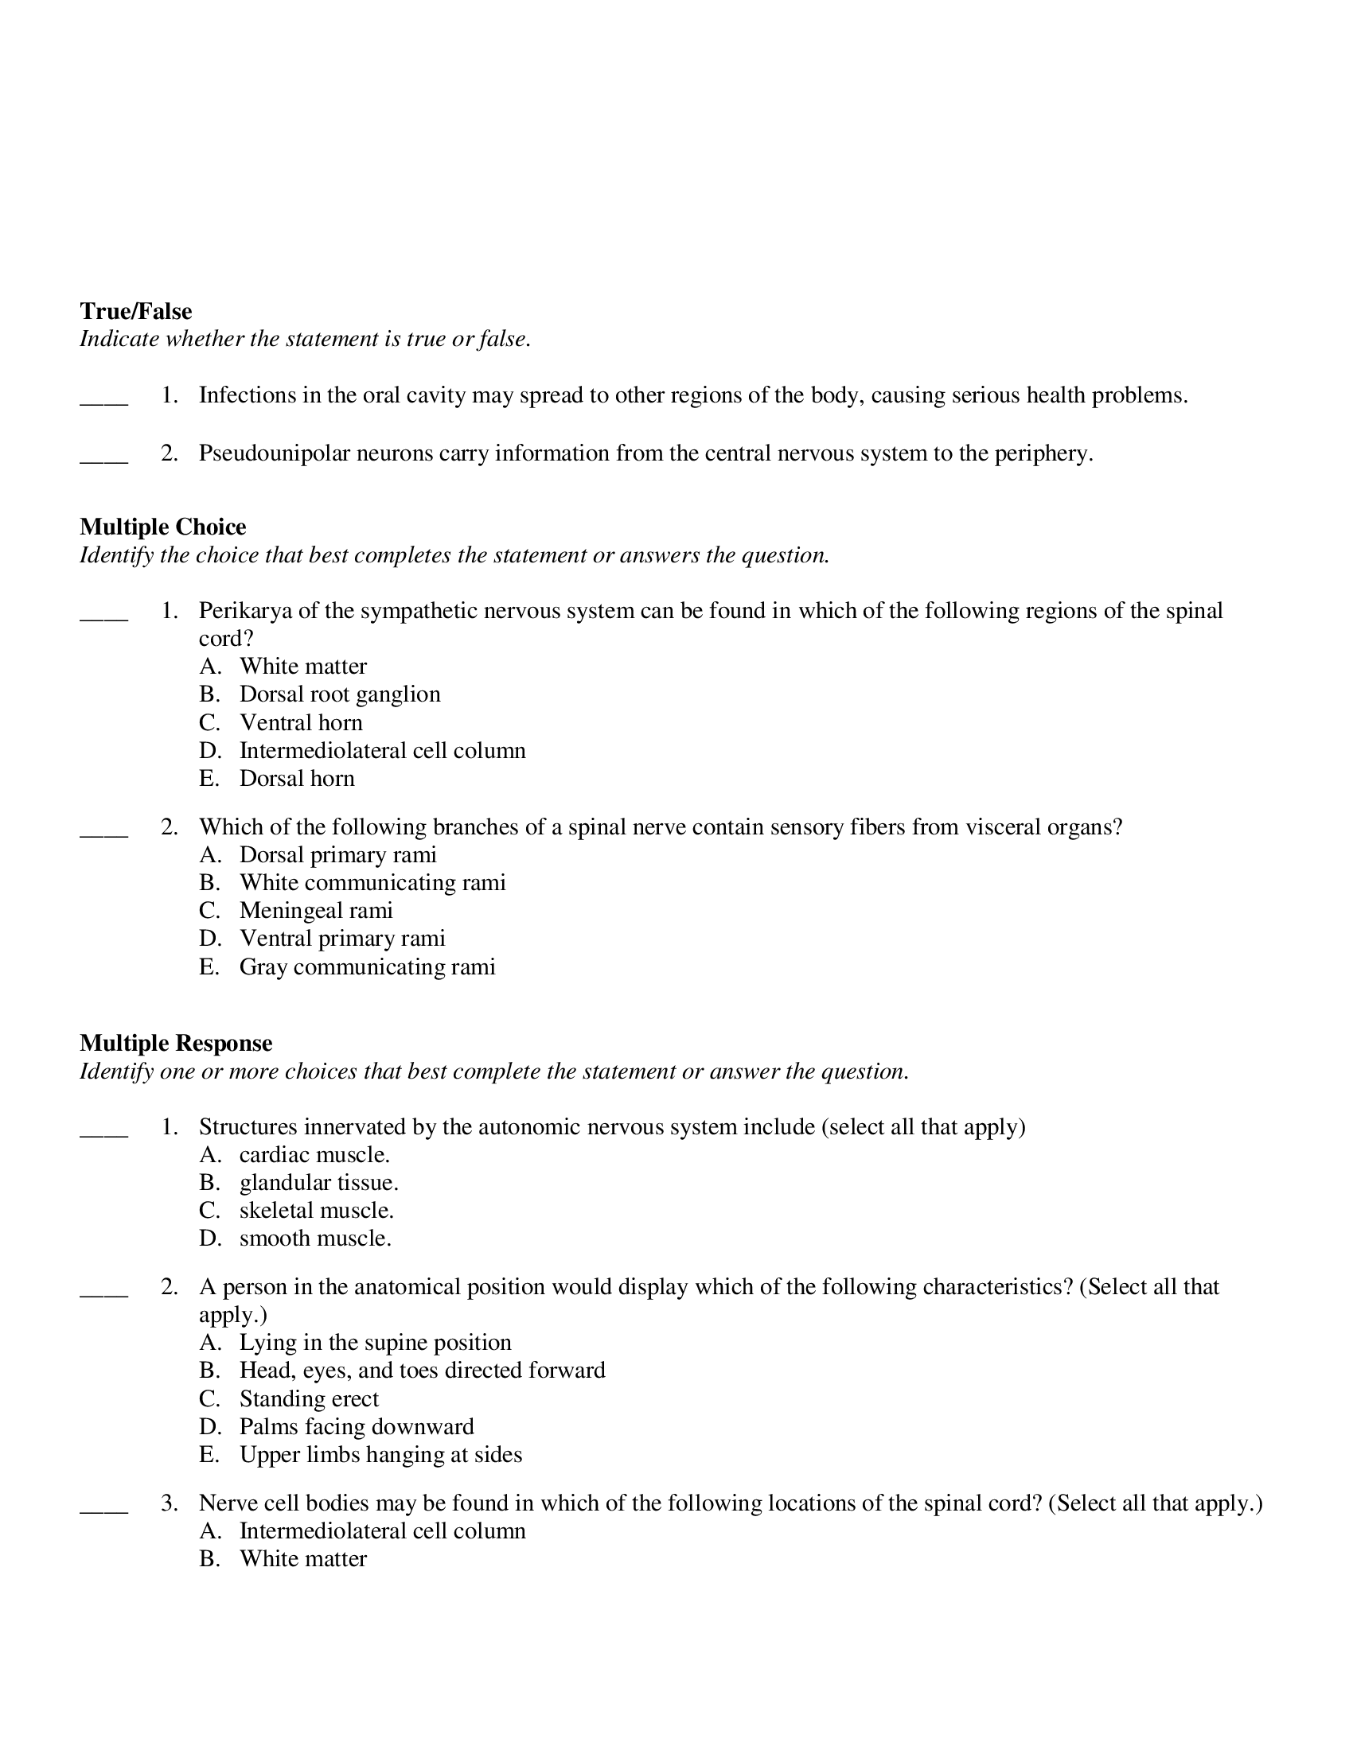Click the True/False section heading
click(135, 311)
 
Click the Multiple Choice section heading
click(162, 527)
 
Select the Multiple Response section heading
click(176, 1043)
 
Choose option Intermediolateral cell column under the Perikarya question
click(382, 750)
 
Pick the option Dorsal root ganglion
click(340, 694)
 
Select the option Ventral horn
click(301, 722)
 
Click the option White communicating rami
click(372, 882)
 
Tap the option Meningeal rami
click(316, 910)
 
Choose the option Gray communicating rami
click(367, 966)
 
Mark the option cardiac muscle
click(314, 1155)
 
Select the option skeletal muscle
click(317, 1210)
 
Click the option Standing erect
click(309, 1398)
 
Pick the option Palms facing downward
click(357, 1426)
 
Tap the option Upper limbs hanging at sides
click(380, 1454)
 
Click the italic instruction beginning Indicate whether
click(305, 339)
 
